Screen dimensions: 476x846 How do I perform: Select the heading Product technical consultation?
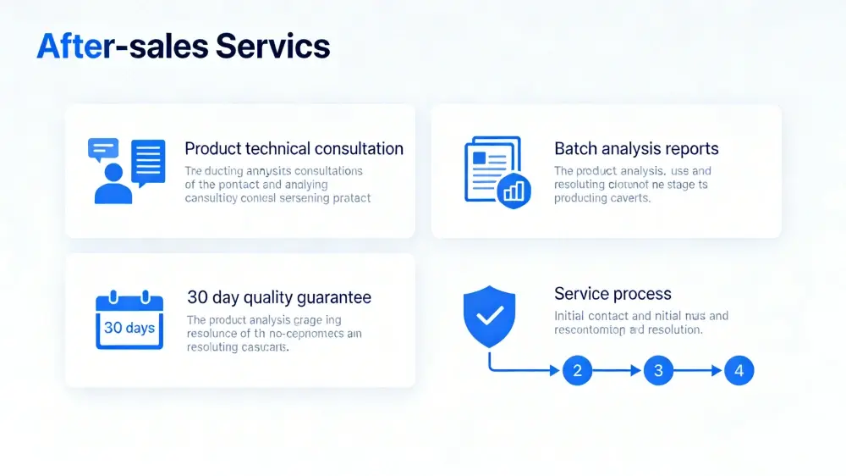tap(294, 149)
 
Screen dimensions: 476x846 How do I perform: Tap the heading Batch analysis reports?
tap(636, 149)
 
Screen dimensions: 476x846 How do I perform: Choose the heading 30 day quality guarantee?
tap(279, 298)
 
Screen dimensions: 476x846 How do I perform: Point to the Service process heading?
tap(613, 294)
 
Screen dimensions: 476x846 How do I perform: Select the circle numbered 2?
tap(577, 370)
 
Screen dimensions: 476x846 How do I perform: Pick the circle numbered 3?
tap(658, 370)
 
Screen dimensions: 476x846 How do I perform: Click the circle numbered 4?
tap(739, 370)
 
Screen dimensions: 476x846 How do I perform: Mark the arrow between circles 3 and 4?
tap(699, 370)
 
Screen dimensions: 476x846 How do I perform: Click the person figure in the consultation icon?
tap(113, 184)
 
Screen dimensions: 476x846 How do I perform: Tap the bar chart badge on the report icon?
tap(514, 191)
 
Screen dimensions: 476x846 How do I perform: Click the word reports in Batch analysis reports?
tap(691, 149)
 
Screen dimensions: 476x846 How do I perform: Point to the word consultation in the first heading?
tap(359, 149)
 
